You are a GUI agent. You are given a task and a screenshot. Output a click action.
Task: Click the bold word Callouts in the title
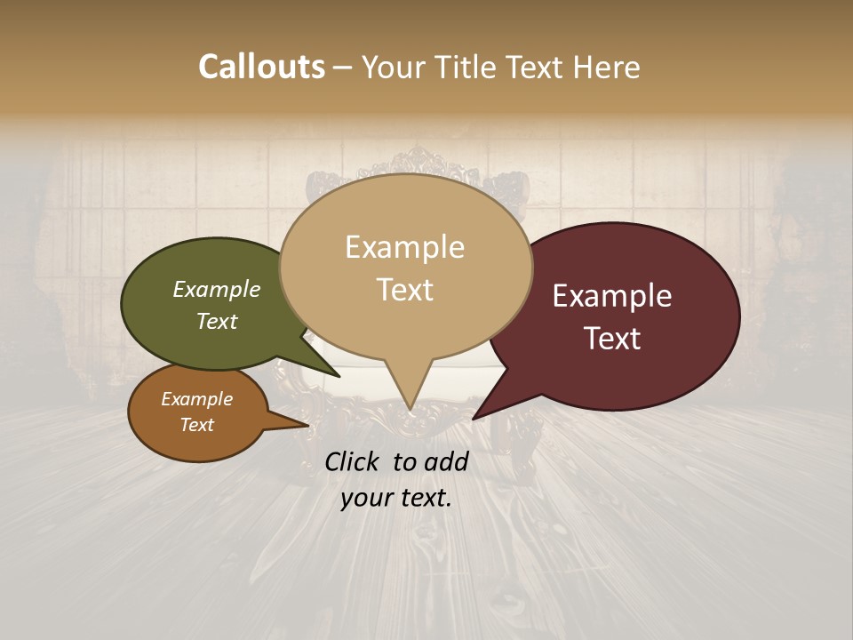pyautogui.click(x=261, y=67)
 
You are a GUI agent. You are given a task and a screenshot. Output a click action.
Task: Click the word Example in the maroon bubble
pyautogui.click(x=612, y=296)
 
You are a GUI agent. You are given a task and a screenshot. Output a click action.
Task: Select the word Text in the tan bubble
pyautogui.click(x=404, y=290)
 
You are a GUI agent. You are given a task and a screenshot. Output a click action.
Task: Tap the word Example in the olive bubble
pyautogui.click(x=217, y=290)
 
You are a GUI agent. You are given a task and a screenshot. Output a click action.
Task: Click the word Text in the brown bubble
pyautogui.click(x=197, y=425)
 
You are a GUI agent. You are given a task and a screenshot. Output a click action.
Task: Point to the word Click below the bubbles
pyautogui.click(x=354, y=461)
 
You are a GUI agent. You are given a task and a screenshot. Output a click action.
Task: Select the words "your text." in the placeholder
pyautogui.click(x=396, y=498)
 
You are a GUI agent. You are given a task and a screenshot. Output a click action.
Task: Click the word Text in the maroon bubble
pyautogui.click(x=613, y=339)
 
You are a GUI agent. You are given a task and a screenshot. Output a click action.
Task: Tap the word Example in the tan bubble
pyautogui.click(x=404, y=247)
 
